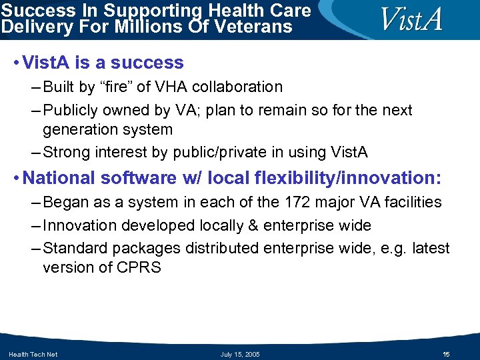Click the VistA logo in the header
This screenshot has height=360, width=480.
tap(411, 19)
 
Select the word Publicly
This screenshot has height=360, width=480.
tap(70, 110)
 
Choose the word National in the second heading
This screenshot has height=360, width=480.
tap(59, 178)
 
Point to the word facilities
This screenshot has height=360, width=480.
tap(412, 202)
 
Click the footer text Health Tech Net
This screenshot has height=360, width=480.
tap(33, 354)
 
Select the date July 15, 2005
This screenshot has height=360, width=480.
tap(240, 354)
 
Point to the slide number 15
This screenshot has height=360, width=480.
tap(447, 354)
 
